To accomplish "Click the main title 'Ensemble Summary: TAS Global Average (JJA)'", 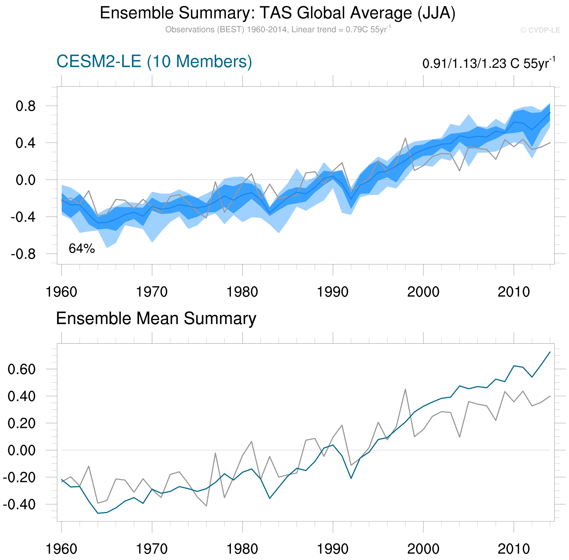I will pyautogui.click(x=277, y=13).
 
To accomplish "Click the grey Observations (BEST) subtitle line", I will pyautogui.click(x=278, y=30).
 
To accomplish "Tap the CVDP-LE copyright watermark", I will pyautogui.click(x=540, y=30).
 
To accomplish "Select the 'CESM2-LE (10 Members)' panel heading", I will pyautogui.click(x=154, y=62).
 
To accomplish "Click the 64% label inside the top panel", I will pyautogui.click(x=82, y=249).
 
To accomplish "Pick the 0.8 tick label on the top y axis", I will pyautogui.click(x=26, y=106).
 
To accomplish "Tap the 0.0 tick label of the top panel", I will pyautogui.click(x=26, y=180).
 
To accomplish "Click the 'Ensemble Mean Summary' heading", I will pyautogui.click(x=156, y=318).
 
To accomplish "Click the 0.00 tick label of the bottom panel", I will pyautogui.click(x=22, y=451).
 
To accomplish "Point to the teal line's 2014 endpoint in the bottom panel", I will pyautogui.click(x=550, y=352).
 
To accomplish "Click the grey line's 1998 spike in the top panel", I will pyautogui.click(x=405, y=138).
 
